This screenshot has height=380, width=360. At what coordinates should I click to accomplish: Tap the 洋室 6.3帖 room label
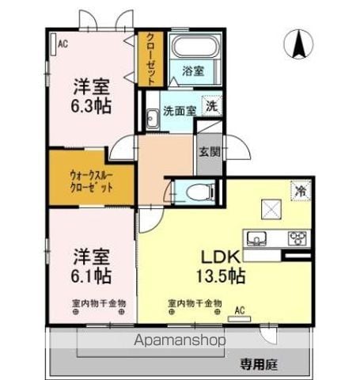click(92, 94)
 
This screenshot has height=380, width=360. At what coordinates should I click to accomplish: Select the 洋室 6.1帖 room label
click(92, 267)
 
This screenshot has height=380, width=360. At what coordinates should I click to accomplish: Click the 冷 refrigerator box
click(300, 189)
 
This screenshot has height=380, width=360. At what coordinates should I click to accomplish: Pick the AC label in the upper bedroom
click(63, 44)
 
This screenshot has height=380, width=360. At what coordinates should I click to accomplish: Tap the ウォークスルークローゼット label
click(90, 180)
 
